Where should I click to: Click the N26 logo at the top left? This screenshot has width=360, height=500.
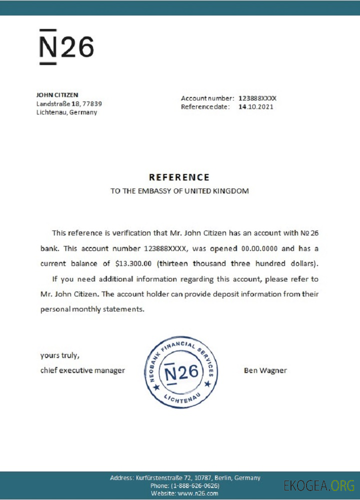[66, 47]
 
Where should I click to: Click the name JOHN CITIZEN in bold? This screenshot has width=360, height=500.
[57, 94]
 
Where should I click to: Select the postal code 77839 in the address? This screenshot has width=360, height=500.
[92, 103]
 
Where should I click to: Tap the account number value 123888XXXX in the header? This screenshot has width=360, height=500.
[257, 98]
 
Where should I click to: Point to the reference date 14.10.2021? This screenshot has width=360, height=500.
[255, 106]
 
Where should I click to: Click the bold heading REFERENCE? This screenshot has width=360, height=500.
[179, 177]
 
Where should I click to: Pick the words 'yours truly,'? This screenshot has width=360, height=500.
[59, 355]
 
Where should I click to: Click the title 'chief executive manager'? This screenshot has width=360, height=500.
[82, 370]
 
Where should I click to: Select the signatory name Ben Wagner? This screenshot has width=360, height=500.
[265, 370]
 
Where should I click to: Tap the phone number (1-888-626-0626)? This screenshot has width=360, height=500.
[194, 485]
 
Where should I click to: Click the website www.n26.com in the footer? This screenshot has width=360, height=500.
[198, 493]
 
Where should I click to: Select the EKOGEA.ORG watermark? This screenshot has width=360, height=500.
[318, 485]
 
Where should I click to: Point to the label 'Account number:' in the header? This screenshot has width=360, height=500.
[207, 98]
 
